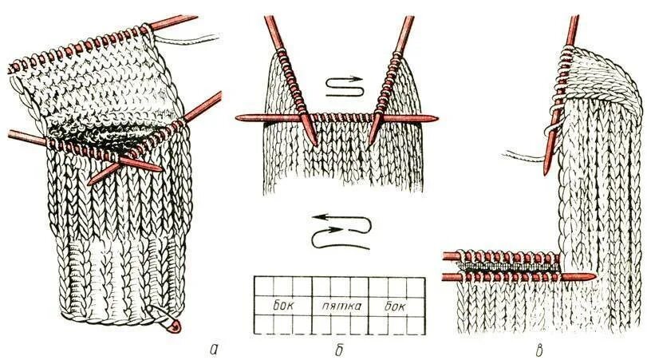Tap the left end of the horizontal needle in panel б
point(239,117)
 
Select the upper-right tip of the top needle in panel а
point(195,16)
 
